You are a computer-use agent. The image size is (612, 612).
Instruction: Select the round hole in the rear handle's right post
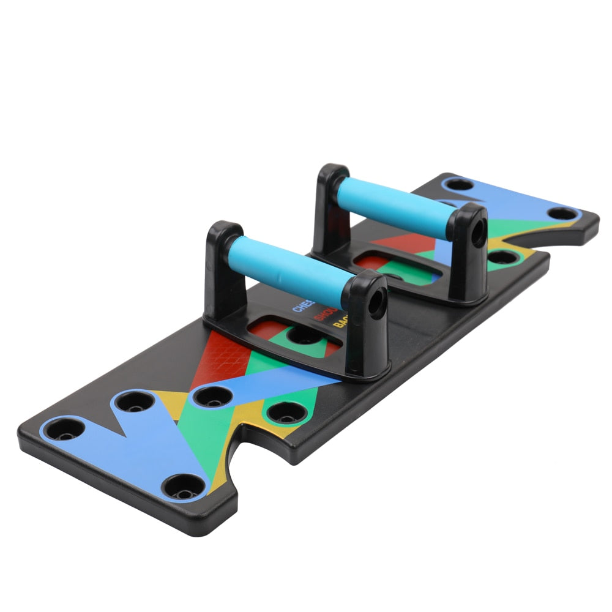coord(477,232)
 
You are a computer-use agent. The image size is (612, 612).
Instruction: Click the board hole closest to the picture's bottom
coord(185,487)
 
